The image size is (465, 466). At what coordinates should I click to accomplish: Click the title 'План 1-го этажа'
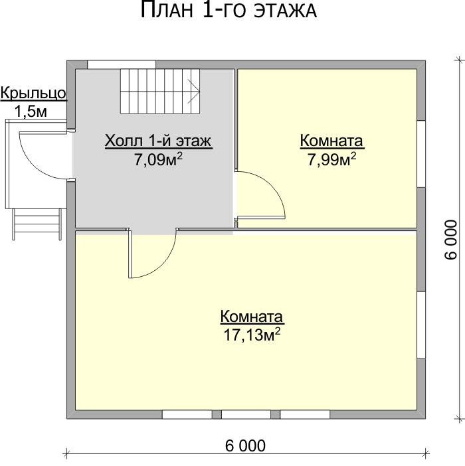(229, 10)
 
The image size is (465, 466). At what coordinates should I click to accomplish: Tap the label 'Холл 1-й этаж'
(158, 141)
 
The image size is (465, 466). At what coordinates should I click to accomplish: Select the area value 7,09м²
(158, 159)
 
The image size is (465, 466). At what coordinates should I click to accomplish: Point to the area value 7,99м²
(331, 159)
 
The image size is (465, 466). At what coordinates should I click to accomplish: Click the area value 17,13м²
(252, 335)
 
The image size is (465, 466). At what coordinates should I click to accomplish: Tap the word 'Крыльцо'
(33, 94)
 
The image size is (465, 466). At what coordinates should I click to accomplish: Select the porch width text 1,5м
(31, 112)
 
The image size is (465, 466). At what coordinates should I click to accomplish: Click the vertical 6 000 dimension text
(451, 240)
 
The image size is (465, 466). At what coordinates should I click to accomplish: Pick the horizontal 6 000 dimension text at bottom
(245, 446)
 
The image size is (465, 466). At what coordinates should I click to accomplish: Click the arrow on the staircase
(193, 91)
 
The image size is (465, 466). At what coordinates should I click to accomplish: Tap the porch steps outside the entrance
(37, 224)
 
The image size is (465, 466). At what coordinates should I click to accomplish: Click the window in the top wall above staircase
(122, 64)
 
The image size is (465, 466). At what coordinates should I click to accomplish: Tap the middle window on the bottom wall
(246, 415)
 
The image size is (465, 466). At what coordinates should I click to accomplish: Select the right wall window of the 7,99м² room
(421, 154)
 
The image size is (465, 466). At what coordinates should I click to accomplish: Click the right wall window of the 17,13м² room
(421, 325)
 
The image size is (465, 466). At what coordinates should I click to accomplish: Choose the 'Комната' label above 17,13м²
(252, 316)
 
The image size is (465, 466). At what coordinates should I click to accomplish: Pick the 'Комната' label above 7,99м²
(331, 141)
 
